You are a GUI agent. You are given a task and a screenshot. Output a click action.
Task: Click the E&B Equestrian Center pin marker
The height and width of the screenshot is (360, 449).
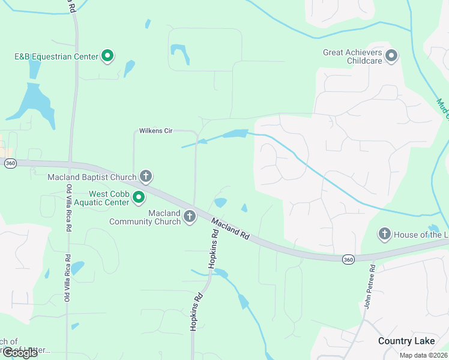point(108,56)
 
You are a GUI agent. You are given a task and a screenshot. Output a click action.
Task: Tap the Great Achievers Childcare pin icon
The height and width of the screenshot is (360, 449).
point(392,56)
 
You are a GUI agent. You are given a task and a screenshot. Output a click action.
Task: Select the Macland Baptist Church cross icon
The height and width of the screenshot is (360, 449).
point(145,176)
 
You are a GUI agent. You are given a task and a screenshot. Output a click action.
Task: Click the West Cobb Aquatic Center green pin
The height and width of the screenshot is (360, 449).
point(139,197)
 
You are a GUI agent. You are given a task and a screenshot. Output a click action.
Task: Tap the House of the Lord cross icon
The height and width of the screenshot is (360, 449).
point(385,234)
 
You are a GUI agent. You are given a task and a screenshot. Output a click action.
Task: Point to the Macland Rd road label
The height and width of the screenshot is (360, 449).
point(230,229)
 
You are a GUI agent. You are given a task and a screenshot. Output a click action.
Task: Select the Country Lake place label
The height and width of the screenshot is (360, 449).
point(406,341)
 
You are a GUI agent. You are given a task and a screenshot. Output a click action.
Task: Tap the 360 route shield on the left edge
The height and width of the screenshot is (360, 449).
point(10,163)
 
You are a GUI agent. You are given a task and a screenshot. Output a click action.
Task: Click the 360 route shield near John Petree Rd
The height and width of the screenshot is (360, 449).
point(348,259)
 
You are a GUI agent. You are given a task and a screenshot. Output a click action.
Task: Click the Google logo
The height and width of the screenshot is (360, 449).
point(20,353)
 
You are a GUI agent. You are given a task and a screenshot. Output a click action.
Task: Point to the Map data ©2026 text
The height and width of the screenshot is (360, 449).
point(423,355)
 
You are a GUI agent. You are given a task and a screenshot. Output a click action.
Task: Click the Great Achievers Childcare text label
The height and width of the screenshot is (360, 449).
point(353,56)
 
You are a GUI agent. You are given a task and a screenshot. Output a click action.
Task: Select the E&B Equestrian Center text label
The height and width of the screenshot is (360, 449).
point(56,56)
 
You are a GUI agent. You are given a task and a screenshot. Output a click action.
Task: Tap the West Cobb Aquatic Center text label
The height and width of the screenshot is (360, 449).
point(109,198)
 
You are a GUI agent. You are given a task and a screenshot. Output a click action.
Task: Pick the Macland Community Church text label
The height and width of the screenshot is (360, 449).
point(145,217)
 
